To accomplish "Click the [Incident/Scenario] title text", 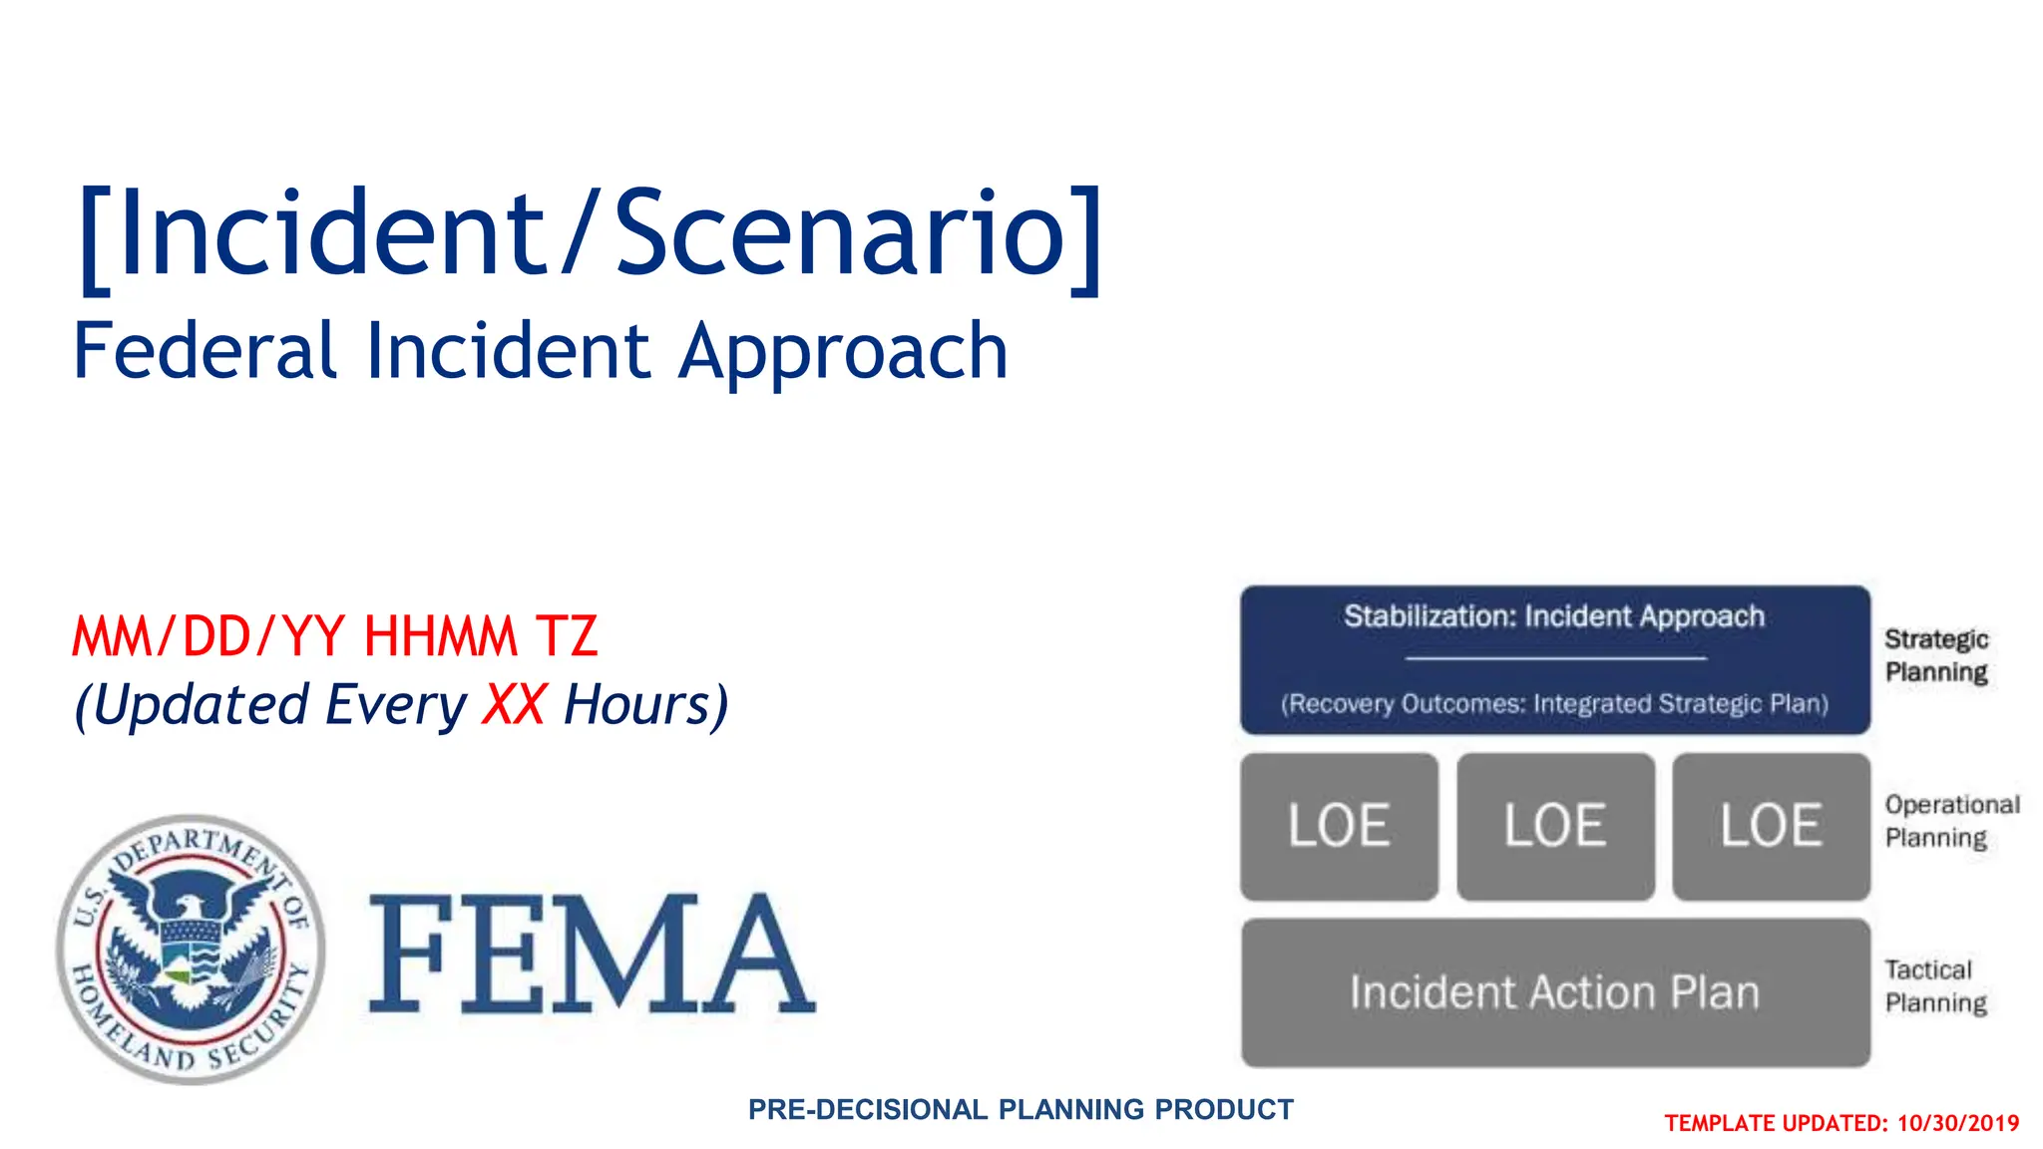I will click(x=591, y=235).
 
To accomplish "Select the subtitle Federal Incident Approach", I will click(x=540, y=351).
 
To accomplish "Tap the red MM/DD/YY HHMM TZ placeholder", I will click(x=335, y=636).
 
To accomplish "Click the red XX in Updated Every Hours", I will click(x=514, y=704).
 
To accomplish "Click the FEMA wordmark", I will click(x=593, y=954).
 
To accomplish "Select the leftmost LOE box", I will click(x=1339, y=827).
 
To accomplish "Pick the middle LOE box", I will click(x=1555, y=827).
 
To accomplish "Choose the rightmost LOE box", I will click(x=1771, y=827).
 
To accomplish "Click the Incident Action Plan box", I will click(x=1555, y=992).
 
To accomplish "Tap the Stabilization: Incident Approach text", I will click(x=1554, y=616).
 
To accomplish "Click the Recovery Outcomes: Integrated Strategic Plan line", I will click(x=1554, y=704).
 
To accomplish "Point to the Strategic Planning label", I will click(x=1936, y=655).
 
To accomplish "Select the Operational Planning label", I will click(x=1951, y=821).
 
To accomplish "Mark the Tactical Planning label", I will click(x=1935, y=986).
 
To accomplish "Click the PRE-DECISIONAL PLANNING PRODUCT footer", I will click(x=1021, y=1109).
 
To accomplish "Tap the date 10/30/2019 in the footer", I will click(x=1957, y=1124).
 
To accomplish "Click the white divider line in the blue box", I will click(x=1555, y=658).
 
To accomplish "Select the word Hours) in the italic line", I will click(x=645, y=704).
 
